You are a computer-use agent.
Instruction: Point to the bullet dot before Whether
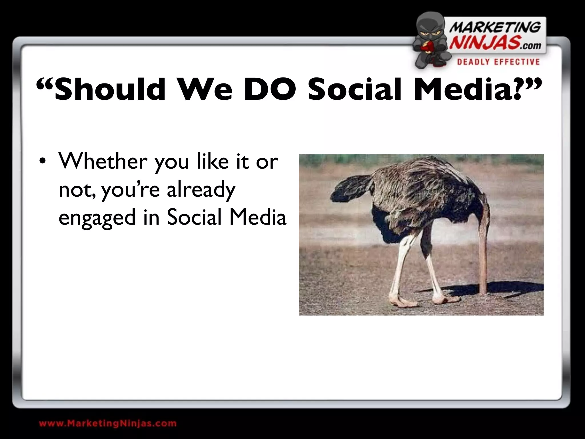tap(42, 162)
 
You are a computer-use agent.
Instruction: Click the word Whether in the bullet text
tap(103, 161)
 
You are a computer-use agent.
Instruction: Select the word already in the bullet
tap(201, 190)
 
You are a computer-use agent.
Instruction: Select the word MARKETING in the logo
tap(495, 28)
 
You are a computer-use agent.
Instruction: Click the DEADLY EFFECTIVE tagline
tap(498, 62)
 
